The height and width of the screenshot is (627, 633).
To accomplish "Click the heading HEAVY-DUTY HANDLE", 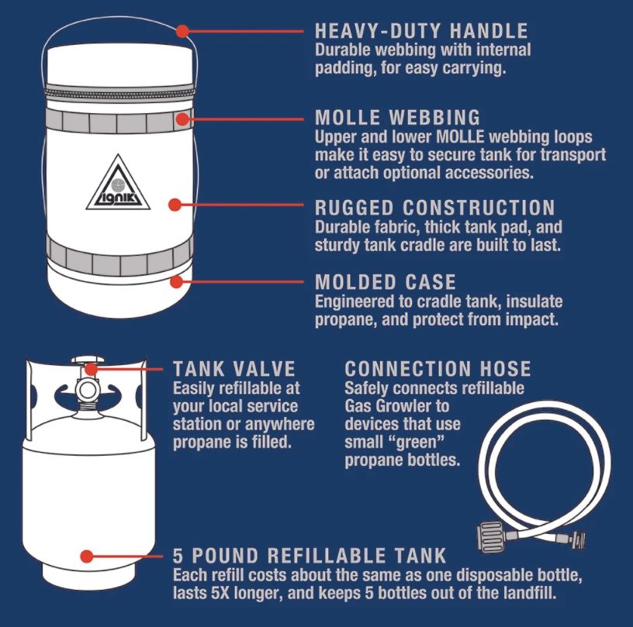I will [x=421, y=32].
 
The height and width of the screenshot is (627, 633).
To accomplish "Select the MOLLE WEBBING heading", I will [x=398, y=119].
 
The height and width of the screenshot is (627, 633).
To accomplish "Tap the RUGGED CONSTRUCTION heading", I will [x=434, y=208].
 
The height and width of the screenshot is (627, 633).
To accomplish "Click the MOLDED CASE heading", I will [x=386, y=281].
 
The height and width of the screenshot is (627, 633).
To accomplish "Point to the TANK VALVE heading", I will [x=233, y=368].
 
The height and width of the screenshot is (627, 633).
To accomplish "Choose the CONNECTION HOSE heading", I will [x=438, y=368].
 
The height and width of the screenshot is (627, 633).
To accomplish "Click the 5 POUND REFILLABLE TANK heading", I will [x=310, y=556].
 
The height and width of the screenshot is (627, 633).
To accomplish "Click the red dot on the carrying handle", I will [x=182, y=32].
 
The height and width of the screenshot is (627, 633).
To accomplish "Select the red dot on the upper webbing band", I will [x=182, y=119].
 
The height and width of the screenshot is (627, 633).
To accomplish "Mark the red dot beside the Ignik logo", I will [x=175, y=205].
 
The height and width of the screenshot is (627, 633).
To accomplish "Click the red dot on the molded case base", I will [x=178, y=281].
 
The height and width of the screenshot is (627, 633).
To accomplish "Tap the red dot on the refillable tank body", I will [x=88, y=556].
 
